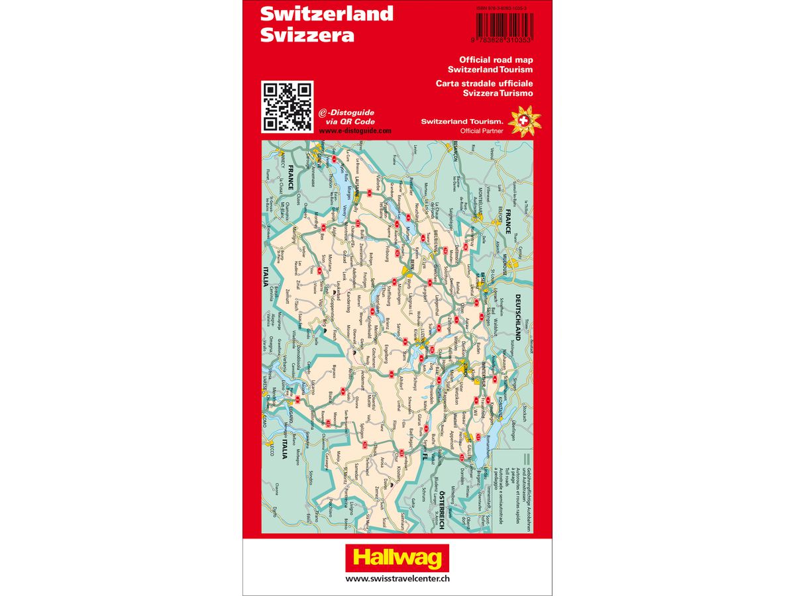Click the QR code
287,106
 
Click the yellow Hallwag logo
397,558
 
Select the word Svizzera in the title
307,35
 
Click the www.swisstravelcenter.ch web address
397,578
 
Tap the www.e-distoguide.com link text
354,131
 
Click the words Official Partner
482,131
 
